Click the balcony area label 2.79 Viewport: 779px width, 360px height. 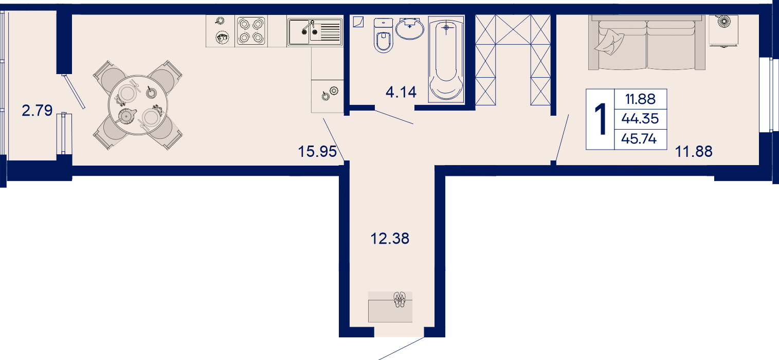(37, 111)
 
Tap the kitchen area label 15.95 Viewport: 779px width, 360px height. (317, 152)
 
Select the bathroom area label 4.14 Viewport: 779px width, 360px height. (401, 92)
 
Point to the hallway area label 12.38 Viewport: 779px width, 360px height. (390, 239)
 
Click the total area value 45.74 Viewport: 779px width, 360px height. (639, 139)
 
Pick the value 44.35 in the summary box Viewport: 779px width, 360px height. (640, 119)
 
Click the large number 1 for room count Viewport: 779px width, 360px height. (601, 119)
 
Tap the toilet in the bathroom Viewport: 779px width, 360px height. (383, 35)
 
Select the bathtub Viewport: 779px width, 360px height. (446, 59)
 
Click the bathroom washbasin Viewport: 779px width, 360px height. (410, 28)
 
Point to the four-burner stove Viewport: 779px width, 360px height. (251, 31)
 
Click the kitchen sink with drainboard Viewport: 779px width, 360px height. (315, 32)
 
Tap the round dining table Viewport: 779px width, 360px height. (138, 105)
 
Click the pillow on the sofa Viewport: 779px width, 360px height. (609, 42)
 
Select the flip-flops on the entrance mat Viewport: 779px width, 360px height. (400, 299)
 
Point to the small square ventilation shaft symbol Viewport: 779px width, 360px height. (358, 22)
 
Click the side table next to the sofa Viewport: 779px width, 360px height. (723, 30)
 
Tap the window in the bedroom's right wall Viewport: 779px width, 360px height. (765, 95)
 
